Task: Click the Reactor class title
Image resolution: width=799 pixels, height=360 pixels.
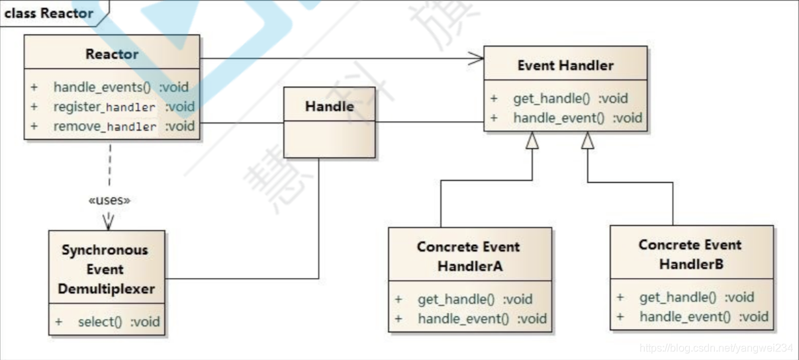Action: tap(112, 54)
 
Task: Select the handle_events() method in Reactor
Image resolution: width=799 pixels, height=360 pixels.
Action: tap(102, 87)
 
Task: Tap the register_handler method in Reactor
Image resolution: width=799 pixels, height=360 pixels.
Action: tap(105, 107)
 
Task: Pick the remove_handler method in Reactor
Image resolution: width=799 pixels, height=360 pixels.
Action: tap(105, 126)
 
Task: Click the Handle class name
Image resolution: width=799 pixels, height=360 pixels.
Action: tap(329, 107)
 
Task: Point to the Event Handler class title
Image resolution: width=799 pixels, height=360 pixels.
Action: tap(565, 66)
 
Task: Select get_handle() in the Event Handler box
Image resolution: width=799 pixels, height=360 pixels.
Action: tap(551, 99)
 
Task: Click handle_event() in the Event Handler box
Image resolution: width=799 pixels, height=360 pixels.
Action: tap(559, 118)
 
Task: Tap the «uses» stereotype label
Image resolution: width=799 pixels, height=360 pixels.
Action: tap(109, 201)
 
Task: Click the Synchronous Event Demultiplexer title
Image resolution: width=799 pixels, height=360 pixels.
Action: tap(106, 269)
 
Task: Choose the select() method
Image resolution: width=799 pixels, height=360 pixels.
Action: tap(100, 322)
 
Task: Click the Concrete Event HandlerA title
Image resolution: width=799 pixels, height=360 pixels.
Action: tap(469, 256)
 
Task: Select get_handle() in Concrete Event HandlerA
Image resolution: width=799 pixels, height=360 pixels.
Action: tap(455, 299)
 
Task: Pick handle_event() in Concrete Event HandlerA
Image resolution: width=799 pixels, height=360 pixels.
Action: tap(463, 319)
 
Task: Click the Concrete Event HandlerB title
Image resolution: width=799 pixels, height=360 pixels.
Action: tap(690, 254)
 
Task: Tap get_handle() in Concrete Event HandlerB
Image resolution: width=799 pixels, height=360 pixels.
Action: tap(677, 297)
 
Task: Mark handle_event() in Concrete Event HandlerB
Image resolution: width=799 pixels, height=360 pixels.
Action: tap(685, 317)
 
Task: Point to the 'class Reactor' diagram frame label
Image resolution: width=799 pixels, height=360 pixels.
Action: tap(48, 13)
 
